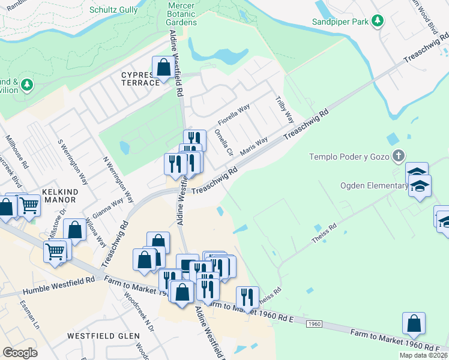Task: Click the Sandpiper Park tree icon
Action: pos(377,22)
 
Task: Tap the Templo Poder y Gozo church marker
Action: pos(397,157)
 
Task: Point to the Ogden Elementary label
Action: pos(374,185)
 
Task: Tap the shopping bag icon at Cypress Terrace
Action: pos(163,68)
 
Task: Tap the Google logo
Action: pos(20,353)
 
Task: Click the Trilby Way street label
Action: pos(284,109)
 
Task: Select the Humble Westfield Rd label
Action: pos(59,286)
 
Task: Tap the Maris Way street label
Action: pos(253,146)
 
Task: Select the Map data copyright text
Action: pos(424,355)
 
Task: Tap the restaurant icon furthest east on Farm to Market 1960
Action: pos(247,297)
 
